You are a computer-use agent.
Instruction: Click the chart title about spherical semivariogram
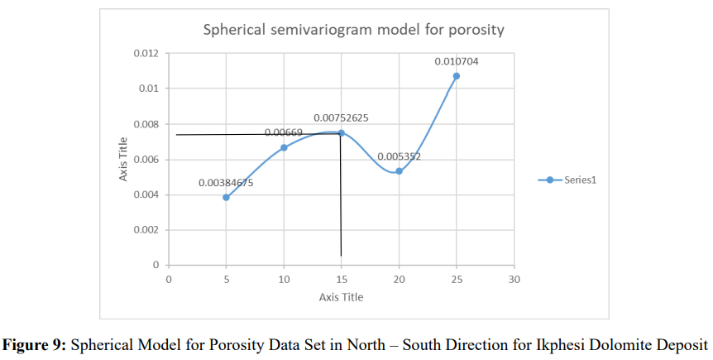[x=354, y=31]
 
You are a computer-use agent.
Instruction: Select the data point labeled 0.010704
[x=456, y=76]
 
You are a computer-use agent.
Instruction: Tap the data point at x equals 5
[x=226, y=197]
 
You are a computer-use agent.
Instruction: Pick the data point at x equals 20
[x=399, y=171]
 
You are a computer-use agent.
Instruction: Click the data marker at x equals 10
[x=284, y=147]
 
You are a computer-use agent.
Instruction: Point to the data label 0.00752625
[x=341, y=118]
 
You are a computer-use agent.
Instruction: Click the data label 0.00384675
[x=226, y=183]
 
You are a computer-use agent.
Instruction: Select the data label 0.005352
[x=399, y=156]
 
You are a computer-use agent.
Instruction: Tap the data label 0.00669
[x=284, y=132]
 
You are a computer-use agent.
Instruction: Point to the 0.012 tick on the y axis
[x=146, y=54]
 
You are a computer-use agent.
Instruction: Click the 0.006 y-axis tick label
[x=146, y=160]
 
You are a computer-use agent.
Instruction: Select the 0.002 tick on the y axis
[x=146, y=230]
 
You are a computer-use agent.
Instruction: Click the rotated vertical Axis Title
[x=123, y=160]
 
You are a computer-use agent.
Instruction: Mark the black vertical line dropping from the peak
[x=341, y=199]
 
